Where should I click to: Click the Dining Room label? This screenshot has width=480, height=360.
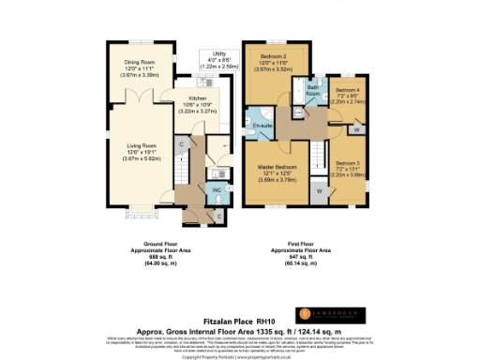tap(139, 64)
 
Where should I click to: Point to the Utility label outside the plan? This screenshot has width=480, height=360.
tap(220, 55)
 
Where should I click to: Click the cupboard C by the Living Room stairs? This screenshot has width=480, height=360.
tap(180, 145)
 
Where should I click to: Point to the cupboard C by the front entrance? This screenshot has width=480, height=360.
tap(219, 215)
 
